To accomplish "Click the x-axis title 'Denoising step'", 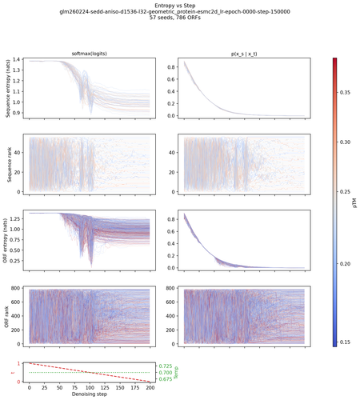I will (x=87, y=395).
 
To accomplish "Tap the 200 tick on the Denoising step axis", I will (x=150, y=387).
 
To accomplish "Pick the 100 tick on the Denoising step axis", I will (x=90, y=387).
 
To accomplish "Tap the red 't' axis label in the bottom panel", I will (x=6, y=371).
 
